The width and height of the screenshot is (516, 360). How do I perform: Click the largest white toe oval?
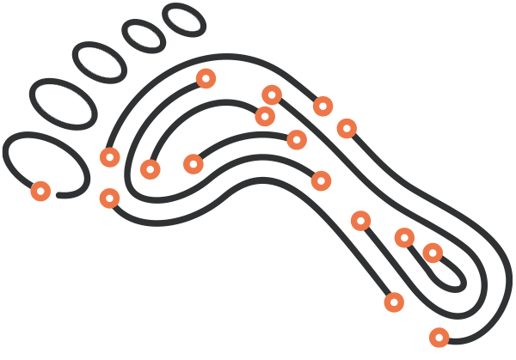63,102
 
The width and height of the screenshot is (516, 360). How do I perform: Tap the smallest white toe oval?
183,19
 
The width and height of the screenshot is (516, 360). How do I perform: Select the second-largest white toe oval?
100,62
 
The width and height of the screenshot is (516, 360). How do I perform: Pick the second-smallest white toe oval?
144,35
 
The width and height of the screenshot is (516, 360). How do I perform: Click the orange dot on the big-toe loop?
40,191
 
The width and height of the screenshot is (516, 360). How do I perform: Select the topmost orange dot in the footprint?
206,78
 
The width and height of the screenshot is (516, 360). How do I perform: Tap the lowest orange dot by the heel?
439,337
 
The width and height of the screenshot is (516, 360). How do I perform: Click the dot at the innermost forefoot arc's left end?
193,163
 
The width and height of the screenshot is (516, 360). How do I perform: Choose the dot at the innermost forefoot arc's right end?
297,139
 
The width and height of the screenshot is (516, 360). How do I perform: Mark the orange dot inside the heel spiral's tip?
433,253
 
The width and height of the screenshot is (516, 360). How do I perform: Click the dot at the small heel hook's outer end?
404,237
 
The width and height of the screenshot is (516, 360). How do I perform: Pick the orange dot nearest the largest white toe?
109,157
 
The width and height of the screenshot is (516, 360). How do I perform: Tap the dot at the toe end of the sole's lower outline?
109,198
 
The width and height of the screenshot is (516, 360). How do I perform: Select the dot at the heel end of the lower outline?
394,302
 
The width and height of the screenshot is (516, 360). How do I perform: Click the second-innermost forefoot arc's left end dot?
150,169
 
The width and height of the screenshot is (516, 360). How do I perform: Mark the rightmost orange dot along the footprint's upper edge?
347,128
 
